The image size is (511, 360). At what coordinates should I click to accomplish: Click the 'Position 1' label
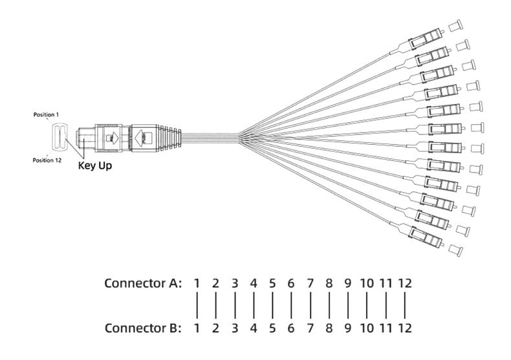pyautogui.click(x=46, y=114)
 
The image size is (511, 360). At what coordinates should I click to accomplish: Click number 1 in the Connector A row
pyautogui.click(x=197, y=284)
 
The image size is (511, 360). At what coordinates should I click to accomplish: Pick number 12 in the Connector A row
pyautogui.click(x=405, y=284)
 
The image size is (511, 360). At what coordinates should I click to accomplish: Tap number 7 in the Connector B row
pyautogui.click(x=310, y=328)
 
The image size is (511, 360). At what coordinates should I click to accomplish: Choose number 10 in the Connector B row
pyautogui.click(x=367, y=328)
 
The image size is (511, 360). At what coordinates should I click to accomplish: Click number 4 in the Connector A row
pyautogui.click(x=254, y=284)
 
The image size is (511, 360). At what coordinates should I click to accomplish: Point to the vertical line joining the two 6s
pyautogui.click(x=291, y=306)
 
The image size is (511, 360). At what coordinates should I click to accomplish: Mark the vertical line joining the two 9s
pyautogui.click(x=348, y=306)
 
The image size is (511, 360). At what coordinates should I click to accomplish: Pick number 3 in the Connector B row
pyautogui.click(x=234, y=328)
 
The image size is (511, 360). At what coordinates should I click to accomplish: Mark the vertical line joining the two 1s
pyautogui.click(x=197, y=306)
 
